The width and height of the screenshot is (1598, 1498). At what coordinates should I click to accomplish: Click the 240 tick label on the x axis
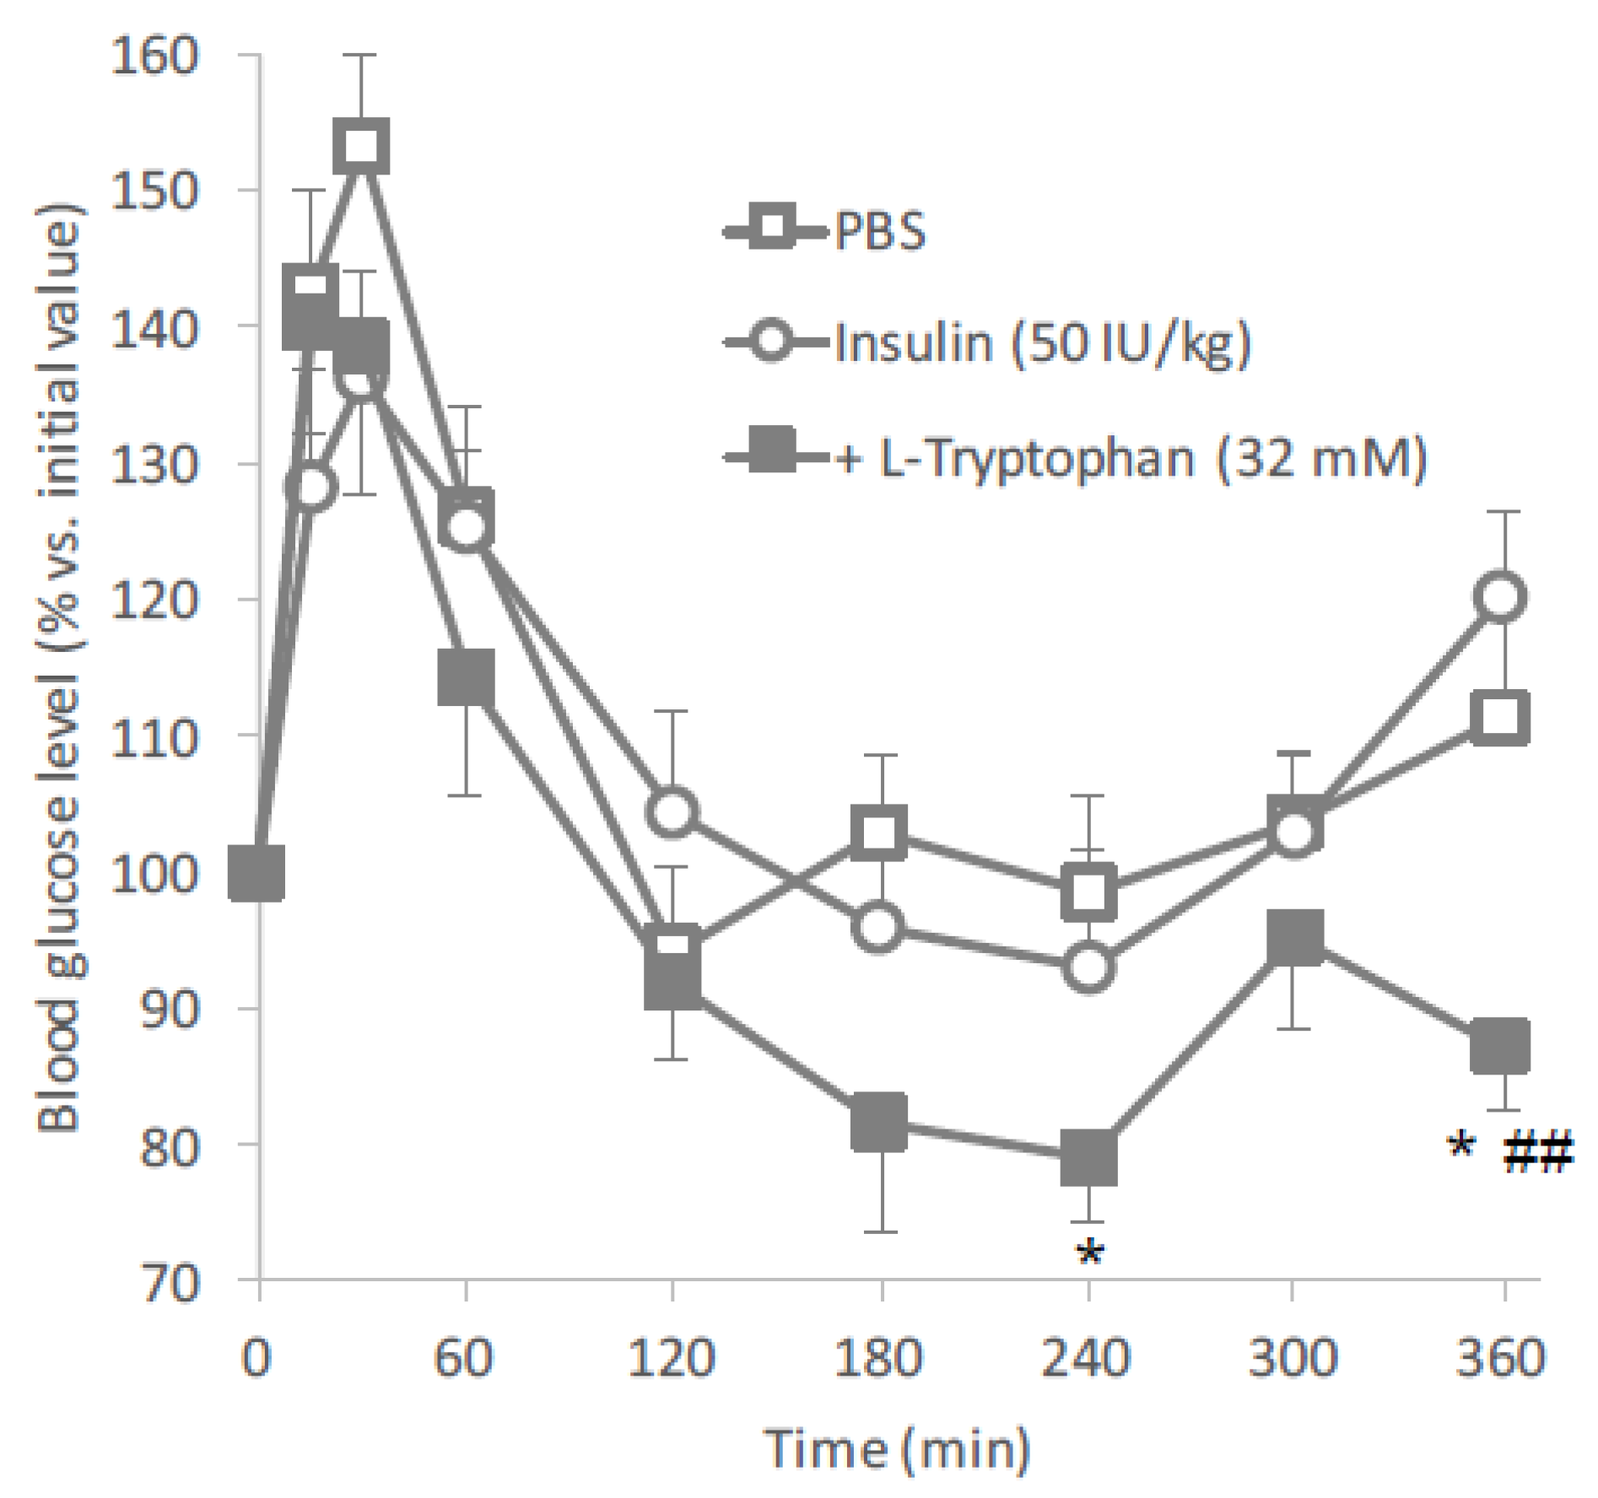tap(1087, 1358)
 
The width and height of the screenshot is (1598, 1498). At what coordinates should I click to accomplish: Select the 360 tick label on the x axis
tap(1500, 1358)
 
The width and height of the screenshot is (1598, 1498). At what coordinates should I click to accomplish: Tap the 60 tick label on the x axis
tap(463, 1358)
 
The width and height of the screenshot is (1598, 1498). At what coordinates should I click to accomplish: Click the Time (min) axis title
tap(897, 1449)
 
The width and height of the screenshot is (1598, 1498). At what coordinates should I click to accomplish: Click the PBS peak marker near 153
tap(361, 146)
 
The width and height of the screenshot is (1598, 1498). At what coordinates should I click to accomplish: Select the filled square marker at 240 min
tap(1088, 1157)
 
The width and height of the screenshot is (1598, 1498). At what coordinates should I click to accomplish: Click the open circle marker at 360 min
tap(1502, 597)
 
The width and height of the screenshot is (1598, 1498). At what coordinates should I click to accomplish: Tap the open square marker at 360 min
tap(1500, 718)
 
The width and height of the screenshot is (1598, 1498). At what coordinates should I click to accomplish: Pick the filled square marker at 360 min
tap(1500, 1044)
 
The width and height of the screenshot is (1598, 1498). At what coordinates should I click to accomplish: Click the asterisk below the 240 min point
tap(1089, 1252)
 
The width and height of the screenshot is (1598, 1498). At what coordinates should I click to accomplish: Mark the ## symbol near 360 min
tap(1539, 1152)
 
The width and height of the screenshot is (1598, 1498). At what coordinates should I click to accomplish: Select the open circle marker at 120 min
tap(672, 811)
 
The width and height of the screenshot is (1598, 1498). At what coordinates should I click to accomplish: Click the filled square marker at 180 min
tap(879, 1123)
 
